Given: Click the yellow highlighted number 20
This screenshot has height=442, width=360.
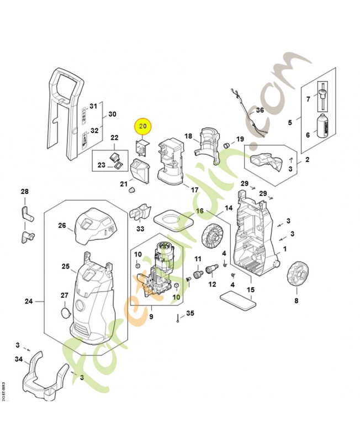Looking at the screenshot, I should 144,127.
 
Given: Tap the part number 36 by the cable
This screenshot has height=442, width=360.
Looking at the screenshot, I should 261,110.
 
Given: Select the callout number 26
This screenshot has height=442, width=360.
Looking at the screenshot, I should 62,225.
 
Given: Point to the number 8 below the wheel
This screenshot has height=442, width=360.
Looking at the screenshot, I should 296,301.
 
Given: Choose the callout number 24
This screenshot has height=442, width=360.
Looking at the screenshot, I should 29,302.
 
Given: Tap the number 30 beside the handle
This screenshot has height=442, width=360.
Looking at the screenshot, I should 112,114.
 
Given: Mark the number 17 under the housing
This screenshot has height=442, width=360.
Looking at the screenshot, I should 194,190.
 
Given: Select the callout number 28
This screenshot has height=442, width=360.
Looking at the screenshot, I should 24,192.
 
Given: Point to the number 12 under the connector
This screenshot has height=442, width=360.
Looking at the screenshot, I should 212,285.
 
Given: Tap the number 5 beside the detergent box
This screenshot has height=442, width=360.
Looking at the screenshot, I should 290,122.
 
